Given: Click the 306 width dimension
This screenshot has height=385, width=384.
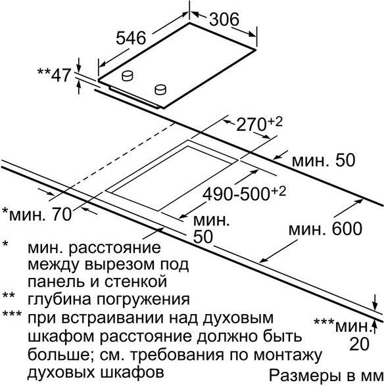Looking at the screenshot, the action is [224, 19].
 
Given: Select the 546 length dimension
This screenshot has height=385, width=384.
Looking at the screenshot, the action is [131, 38].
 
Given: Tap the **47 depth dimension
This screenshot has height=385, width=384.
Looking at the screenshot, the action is [55, 75].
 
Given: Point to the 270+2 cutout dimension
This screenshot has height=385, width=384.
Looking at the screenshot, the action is [260, 124].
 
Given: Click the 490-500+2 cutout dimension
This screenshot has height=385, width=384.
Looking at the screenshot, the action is [245, 194].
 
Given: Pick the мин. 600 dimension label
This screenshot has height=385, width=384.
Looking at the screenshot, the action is [325, 229].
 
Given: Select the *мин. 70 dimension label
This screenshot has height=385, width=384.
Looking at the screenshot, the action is [37, 214].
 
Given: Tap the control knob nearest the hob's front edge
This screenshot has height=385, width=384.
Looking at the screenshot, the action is [160, 89].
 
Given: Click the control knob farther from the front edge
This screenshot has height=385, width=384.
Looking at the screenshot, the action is [128, 76].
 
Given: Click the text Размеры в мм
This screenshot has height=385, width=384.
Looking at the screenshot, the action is [326, 375].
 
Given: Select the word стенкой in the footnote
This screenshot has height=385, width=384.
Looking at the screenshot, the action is [136, 281].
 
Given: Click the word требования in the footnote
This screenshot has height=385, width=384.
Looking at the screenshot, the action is [177, 355].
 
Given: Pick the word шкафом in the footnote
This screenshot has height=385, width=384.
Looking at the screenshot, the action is [61, 336].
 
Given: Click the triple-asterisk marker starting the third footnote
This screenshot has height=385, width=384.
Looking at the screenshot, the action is [12, 314].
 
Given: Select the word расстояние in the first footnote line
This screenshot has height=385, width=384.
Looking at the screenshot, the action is [114, 248].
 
